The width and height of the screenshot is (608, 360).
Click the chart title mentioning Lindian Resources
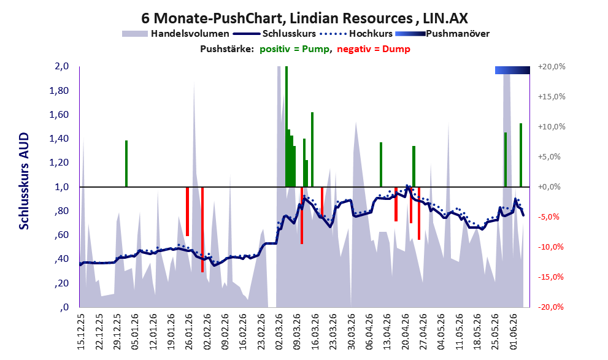pos(304,18)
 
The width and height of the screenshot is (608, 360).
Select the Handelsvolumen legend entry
pos(175,34)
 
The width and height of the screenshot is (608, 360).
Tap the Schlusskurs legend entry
pos(275,34)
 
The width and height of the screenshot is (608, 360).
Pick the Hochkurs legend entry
pos(356,34)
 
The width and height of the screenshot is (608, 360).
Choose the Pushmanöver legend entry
pos(442,34)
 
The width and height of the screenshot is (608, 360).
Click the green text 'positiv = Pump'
pos(294,49)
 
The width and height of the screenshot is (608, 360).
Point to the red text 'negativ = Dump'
pos(374,49)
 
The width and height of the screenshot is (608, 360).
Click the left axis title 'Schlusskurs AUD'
pos(24,181)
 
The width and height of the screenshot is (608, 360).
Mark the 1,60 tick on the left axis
pos(59,115)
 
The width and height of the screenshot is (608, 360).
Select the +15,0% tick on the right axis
pos(552,96)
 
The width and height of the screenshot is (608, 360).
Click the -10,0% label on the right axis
pos(550,247)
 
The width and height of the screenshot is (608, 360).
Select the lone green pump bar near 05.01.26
pos(126,164)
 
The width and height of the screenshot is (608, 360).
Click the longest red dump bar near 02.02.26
pos(202,229)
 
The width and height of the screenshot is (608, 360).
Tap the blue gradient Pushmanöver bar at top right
pos(512,70)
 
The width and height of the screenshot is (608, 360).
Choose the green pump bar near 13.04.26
pos(381,164)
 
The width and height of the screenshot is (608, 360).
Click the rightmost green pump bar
pos(521,155)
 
